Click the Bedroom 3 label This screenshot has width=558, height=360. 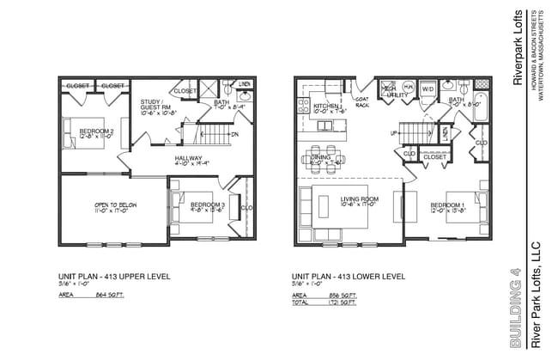207,204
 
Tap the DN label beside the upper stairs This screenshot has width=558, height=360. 235,134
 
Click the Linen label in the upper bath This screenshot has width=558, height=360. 244,83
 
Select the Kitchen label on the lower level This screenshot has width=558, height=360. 328,106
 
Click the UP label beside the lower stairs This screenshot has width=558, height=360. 395,133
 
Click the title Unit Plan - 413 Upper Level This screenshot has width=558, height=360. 114,277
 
